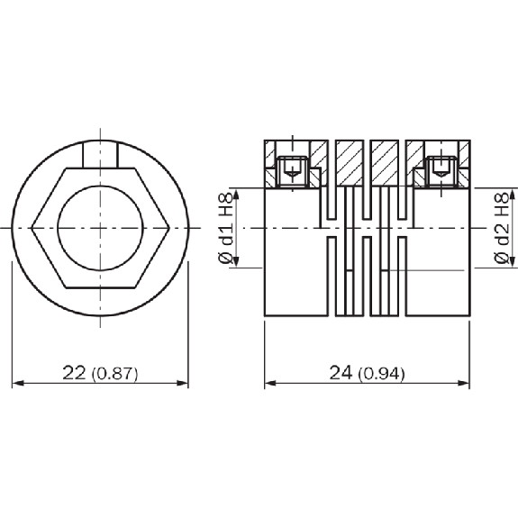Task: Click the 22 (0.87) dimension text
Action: (100, 373)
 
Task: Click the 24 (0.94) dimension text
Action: (367, 373)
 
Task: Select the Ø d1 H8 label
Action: (226, 229)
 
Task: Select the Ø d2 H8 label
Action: (502, 229)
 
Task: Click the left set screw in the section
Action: (293, 172)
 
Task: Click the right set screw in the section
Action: (441, 172)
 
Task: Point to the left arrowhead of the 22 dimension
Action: (18, 383)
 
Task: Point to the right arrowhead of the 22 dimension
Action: (182, 383)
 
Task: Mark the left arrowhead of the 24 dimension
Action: (270, 383)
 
